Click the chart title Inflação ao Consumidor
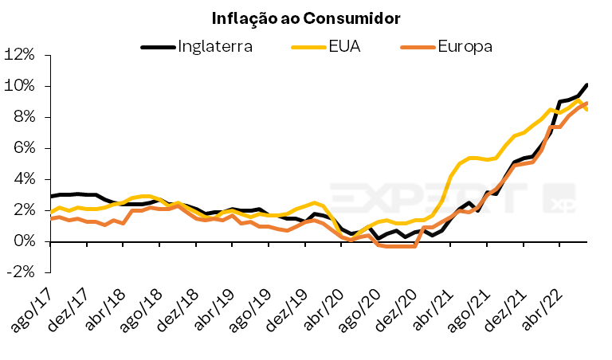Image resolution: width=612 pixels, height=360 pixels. [x=305, y=17]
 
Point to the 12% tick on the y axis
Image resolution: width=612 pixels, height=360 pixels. [x=19, y=55]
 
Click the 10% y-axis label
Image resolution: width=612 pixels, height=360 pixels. [x=19, y=86]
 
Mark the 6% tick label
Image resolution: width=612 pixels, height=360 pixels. [x=23, y=148]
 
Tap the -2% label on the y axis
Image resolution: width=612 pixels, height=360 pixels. [x=21, y=272]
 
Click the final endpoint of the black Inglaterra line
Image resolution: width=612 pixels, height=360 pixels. [x=587, y=84]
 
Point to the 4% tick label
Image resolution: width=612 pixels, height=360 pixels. [x=23, y=179]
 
